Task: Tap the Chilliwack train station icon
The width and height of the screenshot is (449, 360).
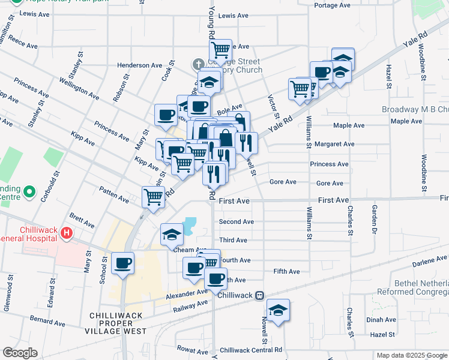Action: click(x=259, y=295)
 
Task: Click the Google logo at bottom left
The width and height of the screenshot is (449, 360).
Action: click(x=20, y=353)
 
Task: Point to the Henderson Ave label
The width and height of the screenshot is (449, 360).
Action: click(x=140, y=65)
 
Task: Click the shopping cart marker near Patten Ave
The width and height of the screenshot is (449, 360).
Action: click(x=154, y=196)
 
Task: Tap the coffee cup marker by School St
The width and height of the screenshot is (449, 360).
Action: click(x=122, y=263)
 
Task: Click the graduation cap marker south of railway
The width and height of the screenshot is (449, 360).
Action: click(x=278, y=310)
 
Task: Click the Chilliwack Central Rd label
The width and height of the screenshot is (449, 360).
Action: click(x=251, y=350)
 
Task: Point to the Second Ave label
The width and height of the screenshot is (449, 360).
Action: click(x=236, y=221)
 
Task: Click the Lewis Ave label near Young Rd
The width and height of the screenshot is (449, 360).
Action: click(x=234, y=16)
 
